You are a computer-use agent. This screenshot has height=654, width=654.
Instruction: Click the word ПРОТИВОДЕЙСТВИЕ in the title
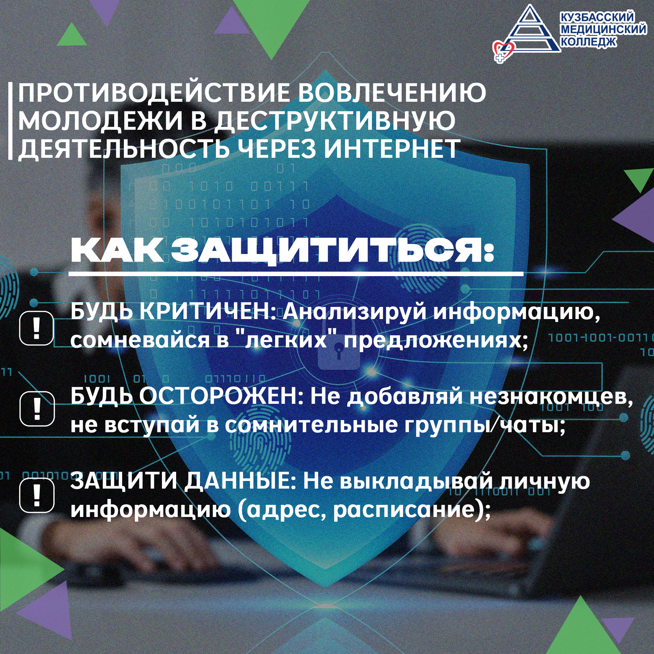154,93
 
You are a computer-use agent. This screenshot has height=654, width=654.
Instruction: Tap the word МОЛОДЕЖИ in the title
101,121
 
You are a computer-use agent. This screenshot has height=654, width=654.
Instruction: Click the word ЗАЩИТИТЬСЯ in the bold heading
333,251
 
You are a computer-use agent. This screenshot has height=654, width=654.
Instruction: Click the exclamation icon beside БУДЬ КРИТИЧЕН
36,328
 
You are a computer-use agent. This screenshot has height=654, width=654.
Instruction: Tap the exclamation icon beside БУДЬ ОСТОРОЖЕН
37,409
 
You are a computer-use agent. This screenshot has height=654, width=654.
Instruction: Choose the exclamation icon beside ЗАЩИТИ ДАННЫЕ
37,495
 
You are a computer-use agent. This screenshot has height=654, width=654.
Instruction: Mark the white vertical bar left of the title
10,121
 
